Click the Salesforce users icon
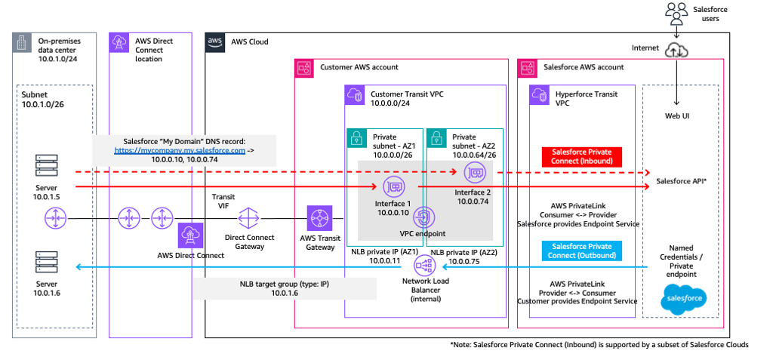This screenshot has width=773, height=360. tap(678, 12)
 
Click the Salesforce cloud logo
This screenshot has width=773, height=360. tap(682, 300)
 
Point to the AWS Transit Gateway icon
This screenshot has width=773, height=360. tap(319, 220)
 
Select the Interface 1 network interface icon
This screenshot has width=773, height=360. tap(393, 186)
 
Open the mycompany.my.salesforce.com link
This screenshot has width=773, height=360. tap(180, 151)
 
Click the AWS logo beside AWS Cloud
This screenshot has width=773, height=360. tap(216, 43)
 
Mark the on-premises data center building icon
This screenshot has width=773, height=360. tap(23, 43)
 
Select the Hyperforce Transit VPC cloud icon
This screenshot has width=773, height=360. tap(540, 94)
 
